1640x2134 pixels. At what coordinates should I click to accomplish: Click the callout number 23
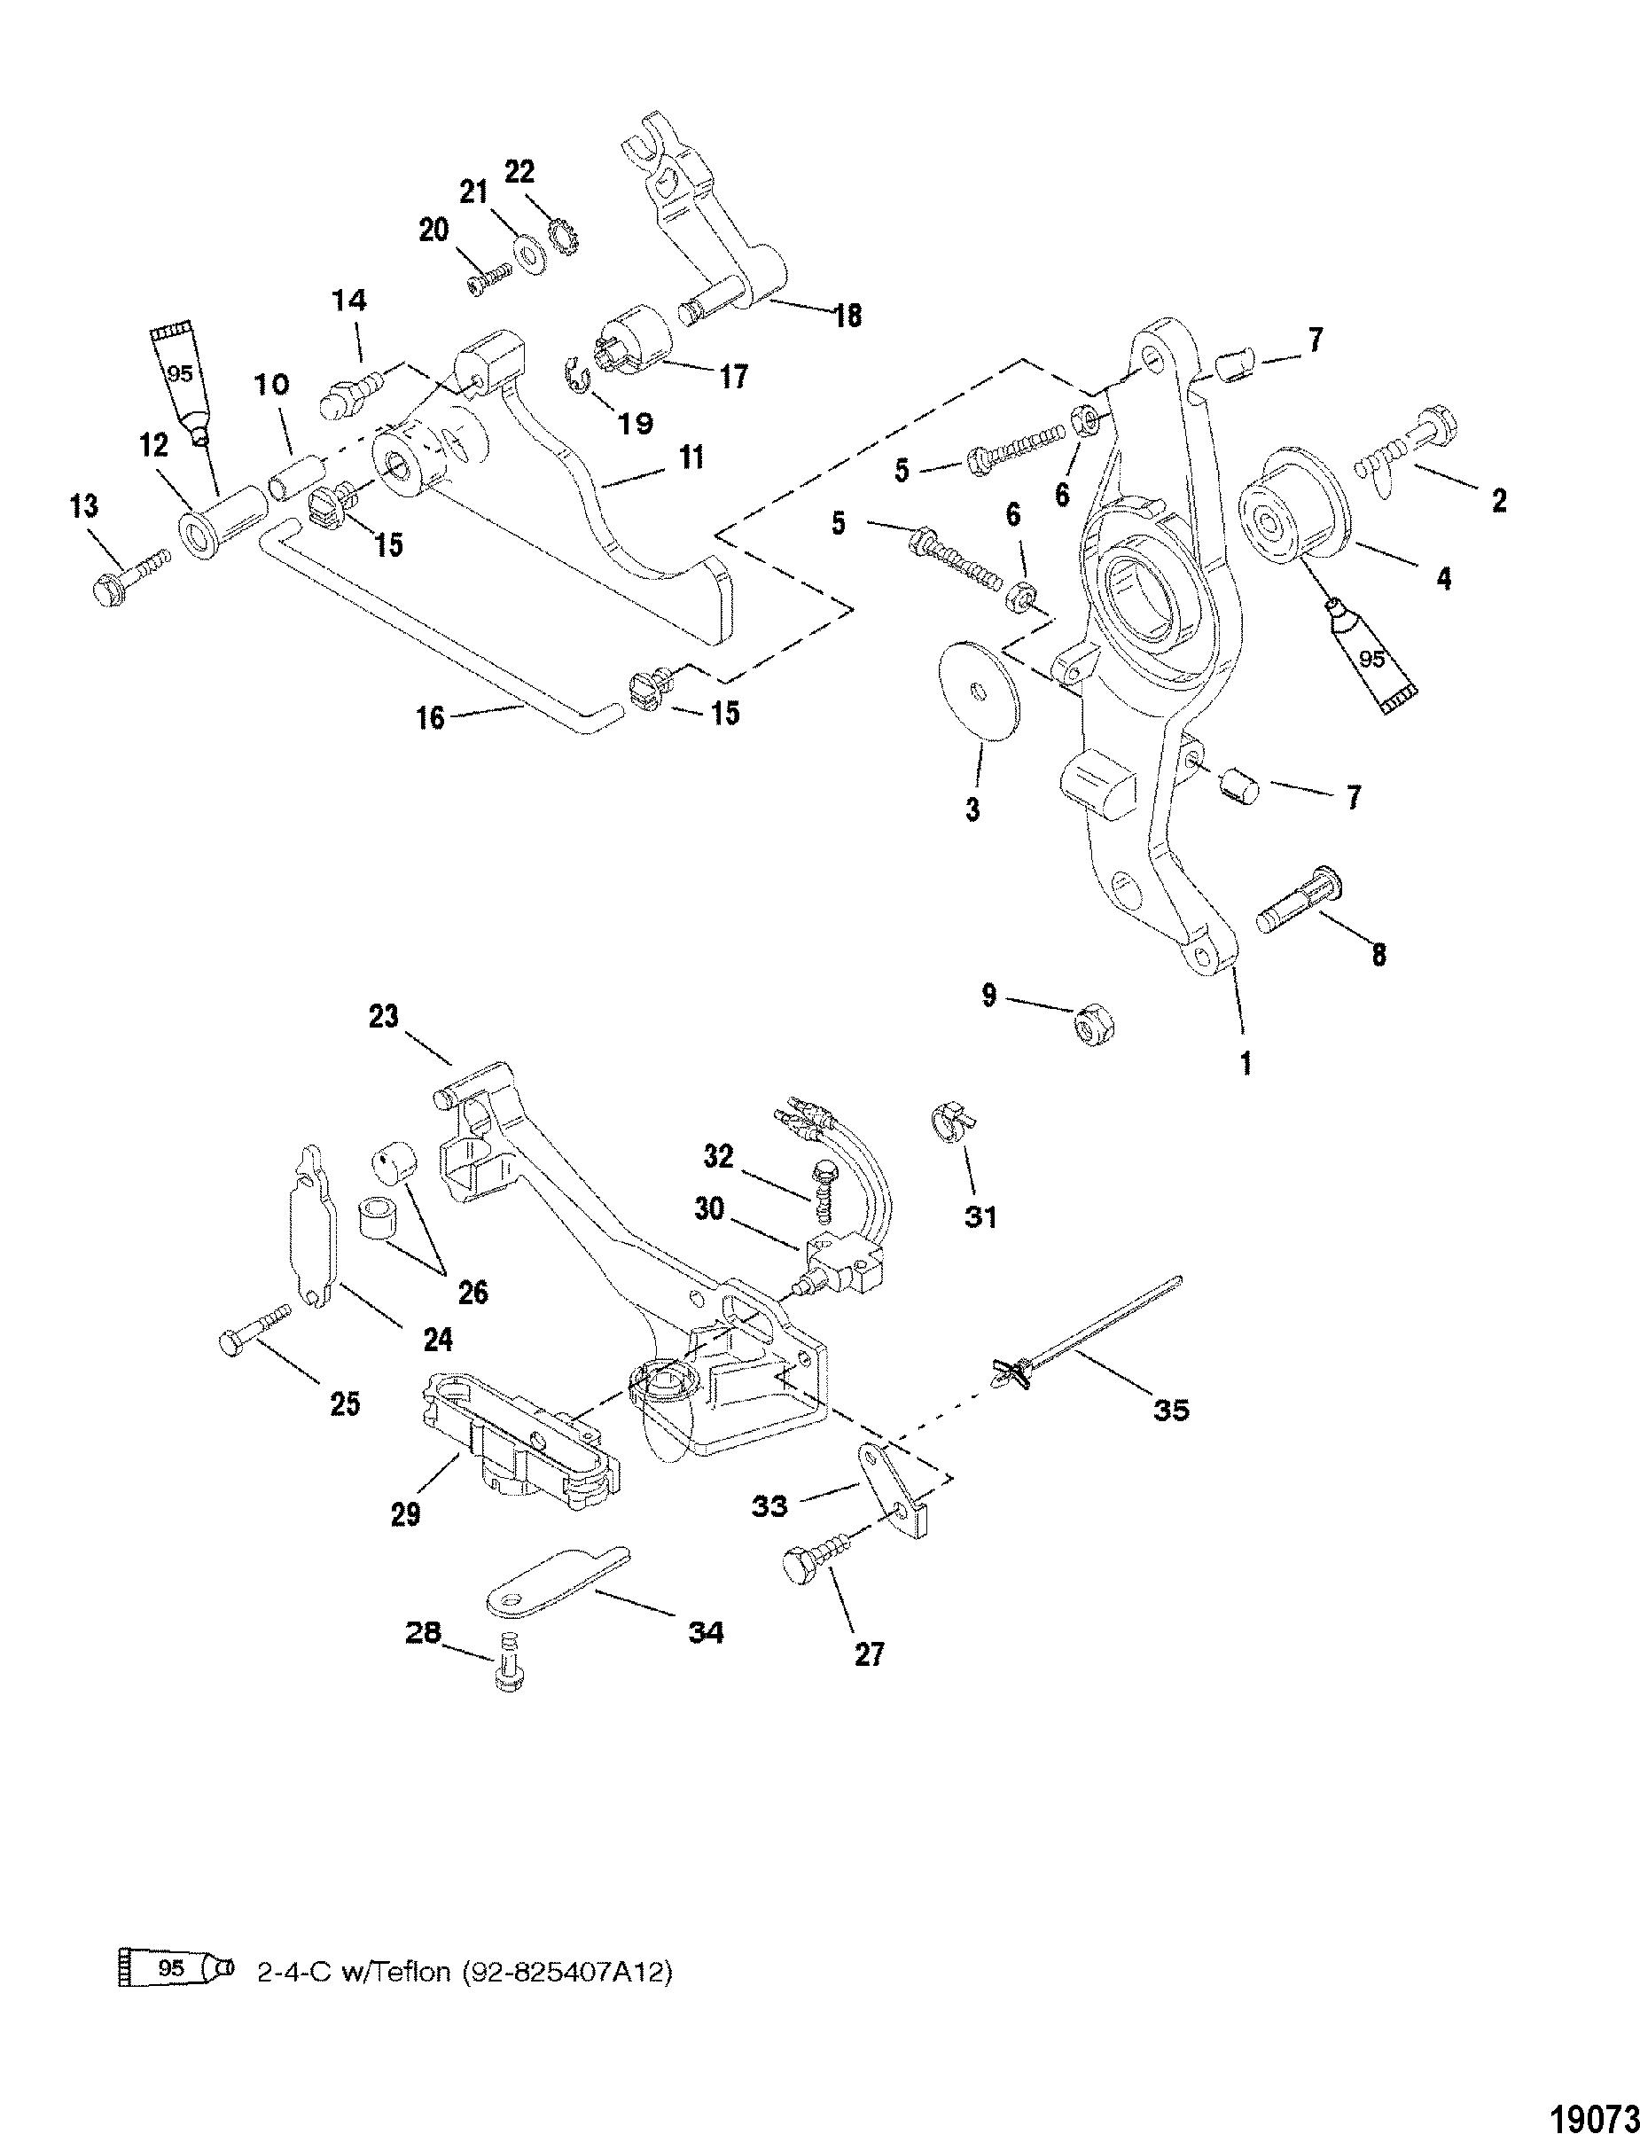coord(384,1016)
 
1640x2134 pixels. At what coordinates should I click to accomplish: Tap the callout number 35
coord(1171,1410)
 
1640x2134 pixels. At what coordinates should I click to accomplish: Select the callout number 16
coord(430,717)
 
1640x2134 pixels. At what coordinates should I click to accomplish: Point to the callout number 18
coord(848,316)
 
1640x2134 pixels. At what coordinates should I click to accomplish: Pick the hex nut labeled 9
coord(1093,1027)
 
